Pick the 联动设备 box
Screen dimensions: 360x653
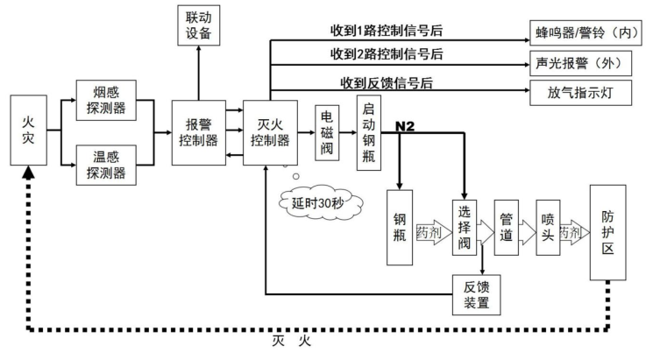point(198,24)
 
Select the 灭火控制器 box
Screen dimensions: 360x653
point(266,131)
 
